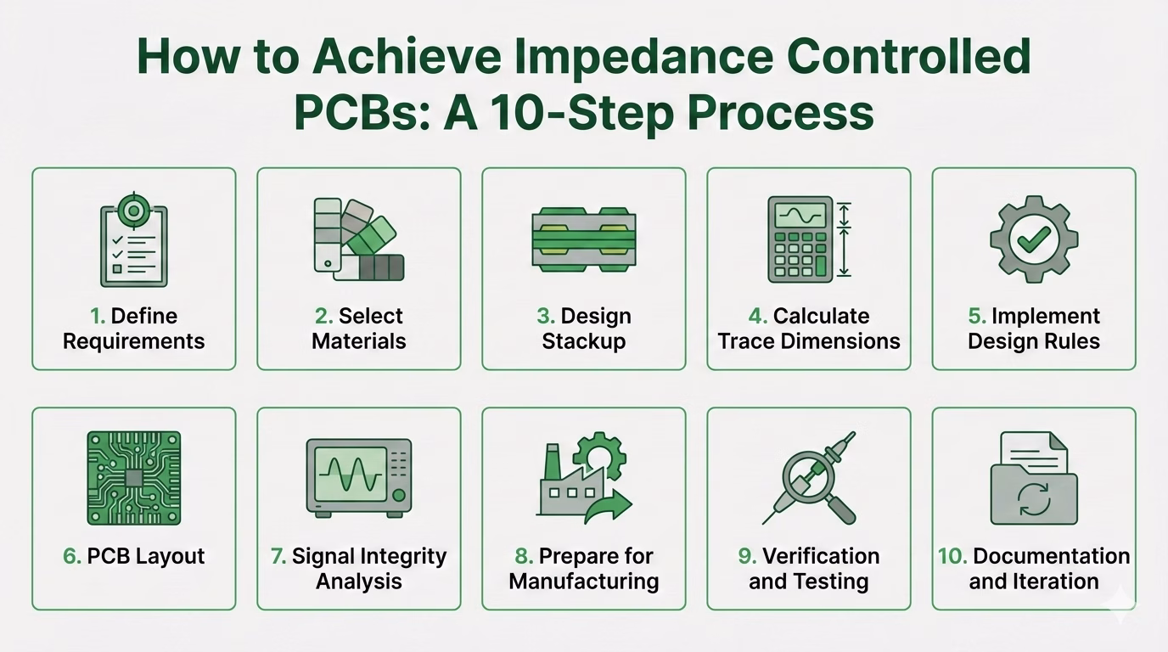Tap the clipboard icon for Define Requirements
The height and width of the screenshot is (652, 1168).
[134, 241]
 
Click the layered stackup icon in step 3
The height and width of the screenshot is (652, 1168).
[584, 239]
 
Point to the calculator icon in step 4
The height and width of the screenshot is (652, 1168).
[799, 239]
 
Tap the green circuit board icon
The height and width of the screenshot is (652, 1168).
[134, 479]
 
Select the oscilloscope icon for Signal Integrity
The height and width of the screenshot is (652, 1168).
[359, 479]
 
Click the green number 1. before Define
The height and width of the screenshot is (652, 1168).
[98, 317]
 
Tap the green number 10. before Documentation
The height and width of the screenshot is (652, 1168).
[952, 557]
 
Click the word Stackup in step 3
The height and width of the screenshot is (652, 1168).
[584, 341]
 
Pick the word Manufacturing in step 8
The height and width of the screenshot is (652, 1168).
[584, 582]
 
